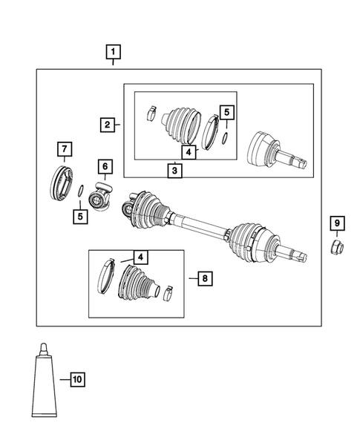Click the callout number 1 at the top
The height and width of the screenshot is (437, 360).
(113, 52)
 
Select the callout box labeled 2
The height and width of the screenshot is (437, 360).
(108, 125)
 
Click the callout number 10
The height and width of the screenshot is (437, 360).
(76, 381)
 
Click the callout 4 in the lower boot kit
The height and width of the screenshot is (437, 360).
(140, 257)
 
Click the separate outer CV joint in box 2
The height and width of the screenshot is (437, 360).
(272, 152)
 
